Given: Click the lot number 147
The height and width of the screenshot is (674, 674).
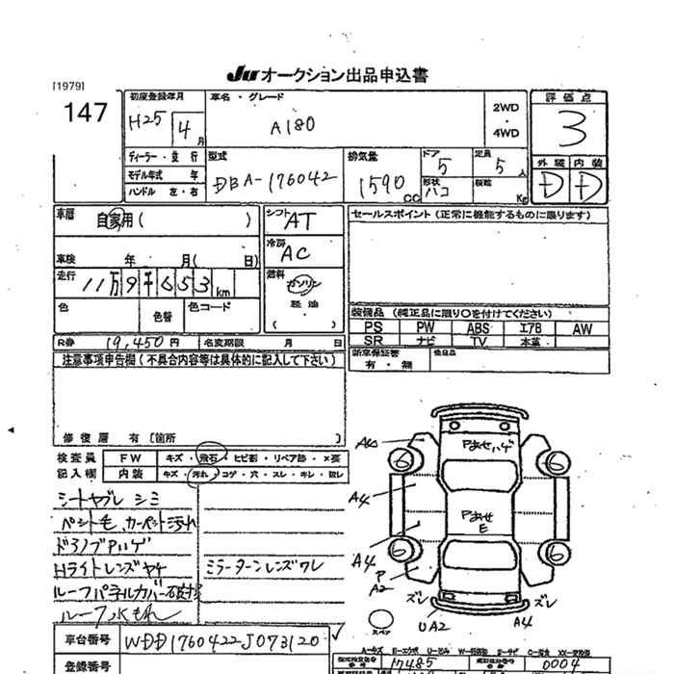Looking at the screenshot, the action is [x=85, y=113].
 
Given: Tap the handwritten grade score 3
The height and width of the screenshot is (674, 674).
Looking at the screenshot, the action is [x=575, y=128].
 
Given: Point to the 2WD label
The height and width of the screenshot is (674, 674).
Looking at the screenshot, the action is [x=505, y=108].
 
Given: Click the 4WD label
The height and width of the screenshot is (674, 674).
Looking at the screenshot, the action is [x=505, y=133].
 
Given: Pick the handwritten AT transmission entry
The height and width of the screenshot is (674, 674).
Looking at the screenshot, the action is [x=300, y=221].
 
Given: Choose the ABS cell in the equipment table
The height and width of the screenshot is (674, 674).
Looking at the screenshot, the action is [x=478, y=327].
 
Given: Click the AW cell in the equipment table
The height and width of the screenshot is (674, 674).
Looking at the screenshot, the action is [x=583, y=327].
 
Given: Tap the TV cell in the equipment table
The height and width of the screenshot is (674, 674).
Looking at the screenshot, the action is [x=478, y=341].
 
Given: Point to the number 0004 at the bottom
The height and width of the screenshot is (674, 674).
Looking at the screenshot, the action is [x=557, y=663].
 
